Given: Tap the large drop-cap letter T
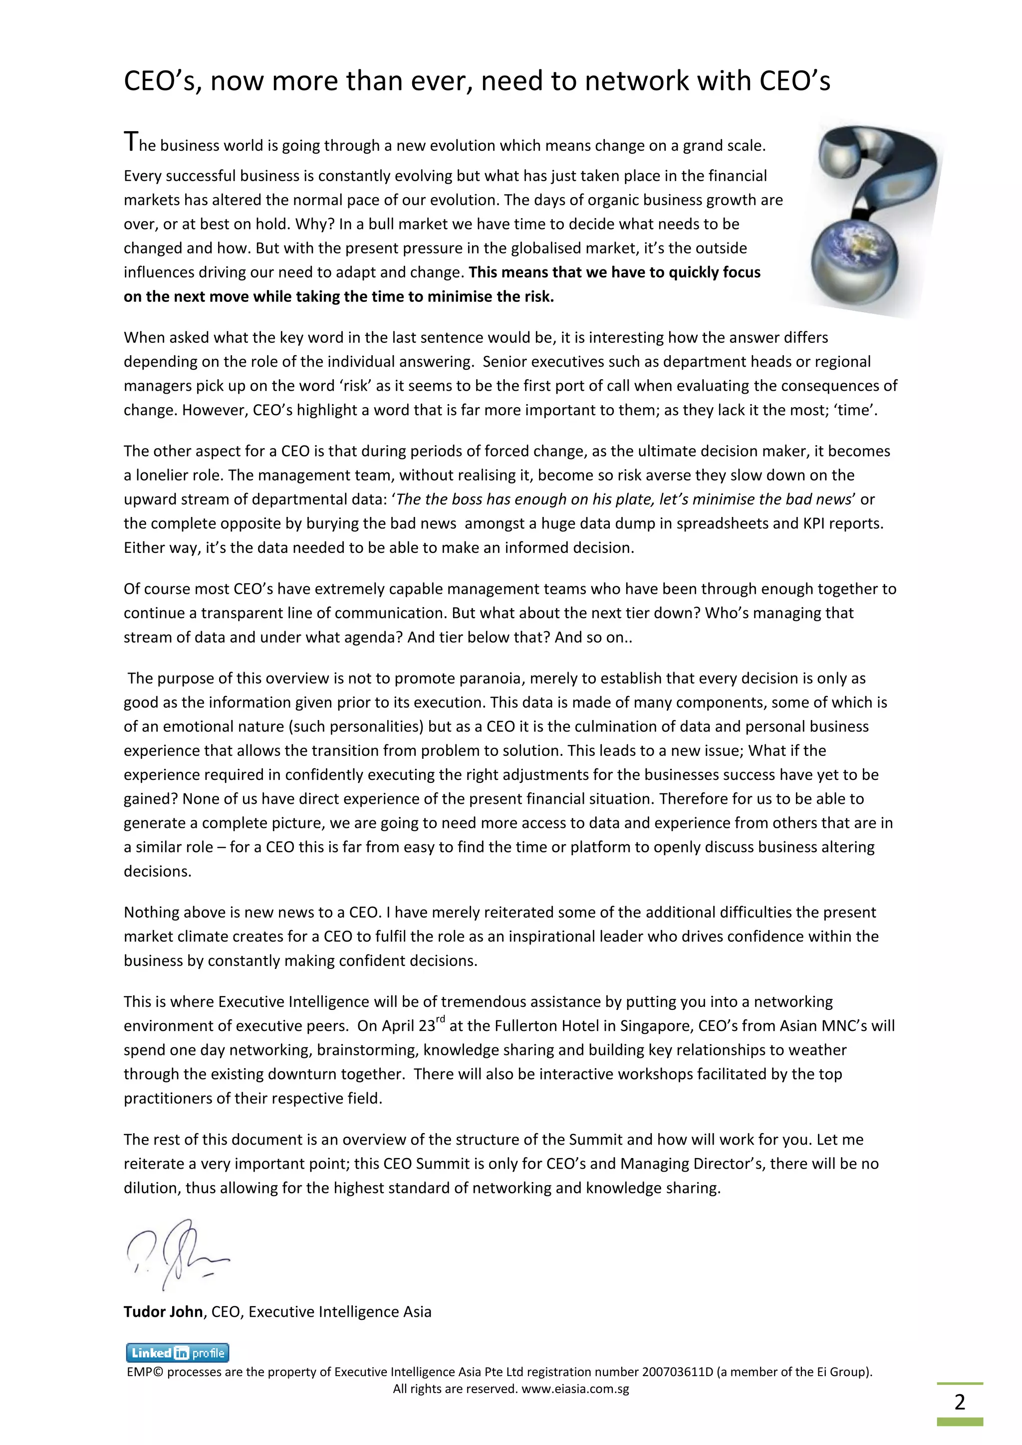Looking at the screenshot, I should pos(130,142).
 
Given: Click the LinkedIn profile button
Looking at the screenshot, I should pos(178,1353).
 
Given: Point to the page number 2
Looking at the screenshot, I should pos(959,1402).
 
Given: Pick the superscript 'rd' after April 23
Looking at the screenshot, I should pos(441,1019).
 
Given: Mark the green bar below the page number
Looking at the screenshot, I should pos(959,1422).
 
